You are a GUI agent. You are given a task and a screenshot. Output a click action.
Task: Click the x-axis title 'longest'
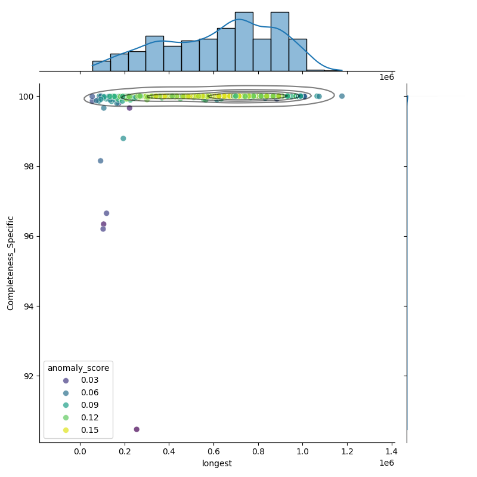pos(217,463)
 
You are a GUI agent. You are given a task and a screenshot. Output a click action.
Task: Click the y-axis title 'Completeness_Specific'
pos(11,263)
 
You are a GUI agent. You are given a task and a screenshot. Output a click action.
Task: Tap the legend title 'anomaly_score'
pos(79,368)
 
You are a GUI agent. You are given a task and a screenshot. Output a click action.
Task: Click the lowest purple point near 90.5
pos(137,429)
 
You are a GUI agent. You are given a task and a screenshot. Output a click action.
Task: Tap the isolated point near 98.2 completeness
pos(100,161)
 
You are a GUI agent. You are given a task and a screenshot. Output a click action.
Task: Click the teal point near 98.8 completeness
pos(123,138)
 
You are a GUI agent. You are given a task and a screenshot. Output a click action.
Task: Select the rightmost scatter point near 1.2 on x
pos(342,96)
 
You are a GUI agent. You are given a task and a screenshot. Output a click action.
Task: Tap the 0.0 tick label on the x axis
pos(80,452)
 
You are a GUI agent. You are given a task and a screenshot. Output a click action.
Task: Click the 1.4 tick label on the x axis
pos(392,452)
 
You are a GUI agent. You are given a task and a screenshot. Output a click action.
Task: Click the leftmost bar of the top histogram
pos(101,66)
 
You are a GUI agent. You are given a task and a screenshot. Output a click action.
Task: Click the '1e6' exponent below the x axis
pos(386,463)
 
